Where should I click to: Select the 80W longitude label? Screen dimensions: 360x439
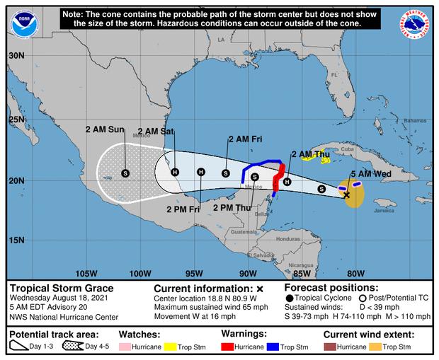355,274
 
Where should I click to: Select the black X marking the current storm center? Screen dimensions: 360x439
346,194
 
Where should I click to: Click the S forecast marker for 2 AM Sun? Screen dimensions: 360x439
125,173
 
